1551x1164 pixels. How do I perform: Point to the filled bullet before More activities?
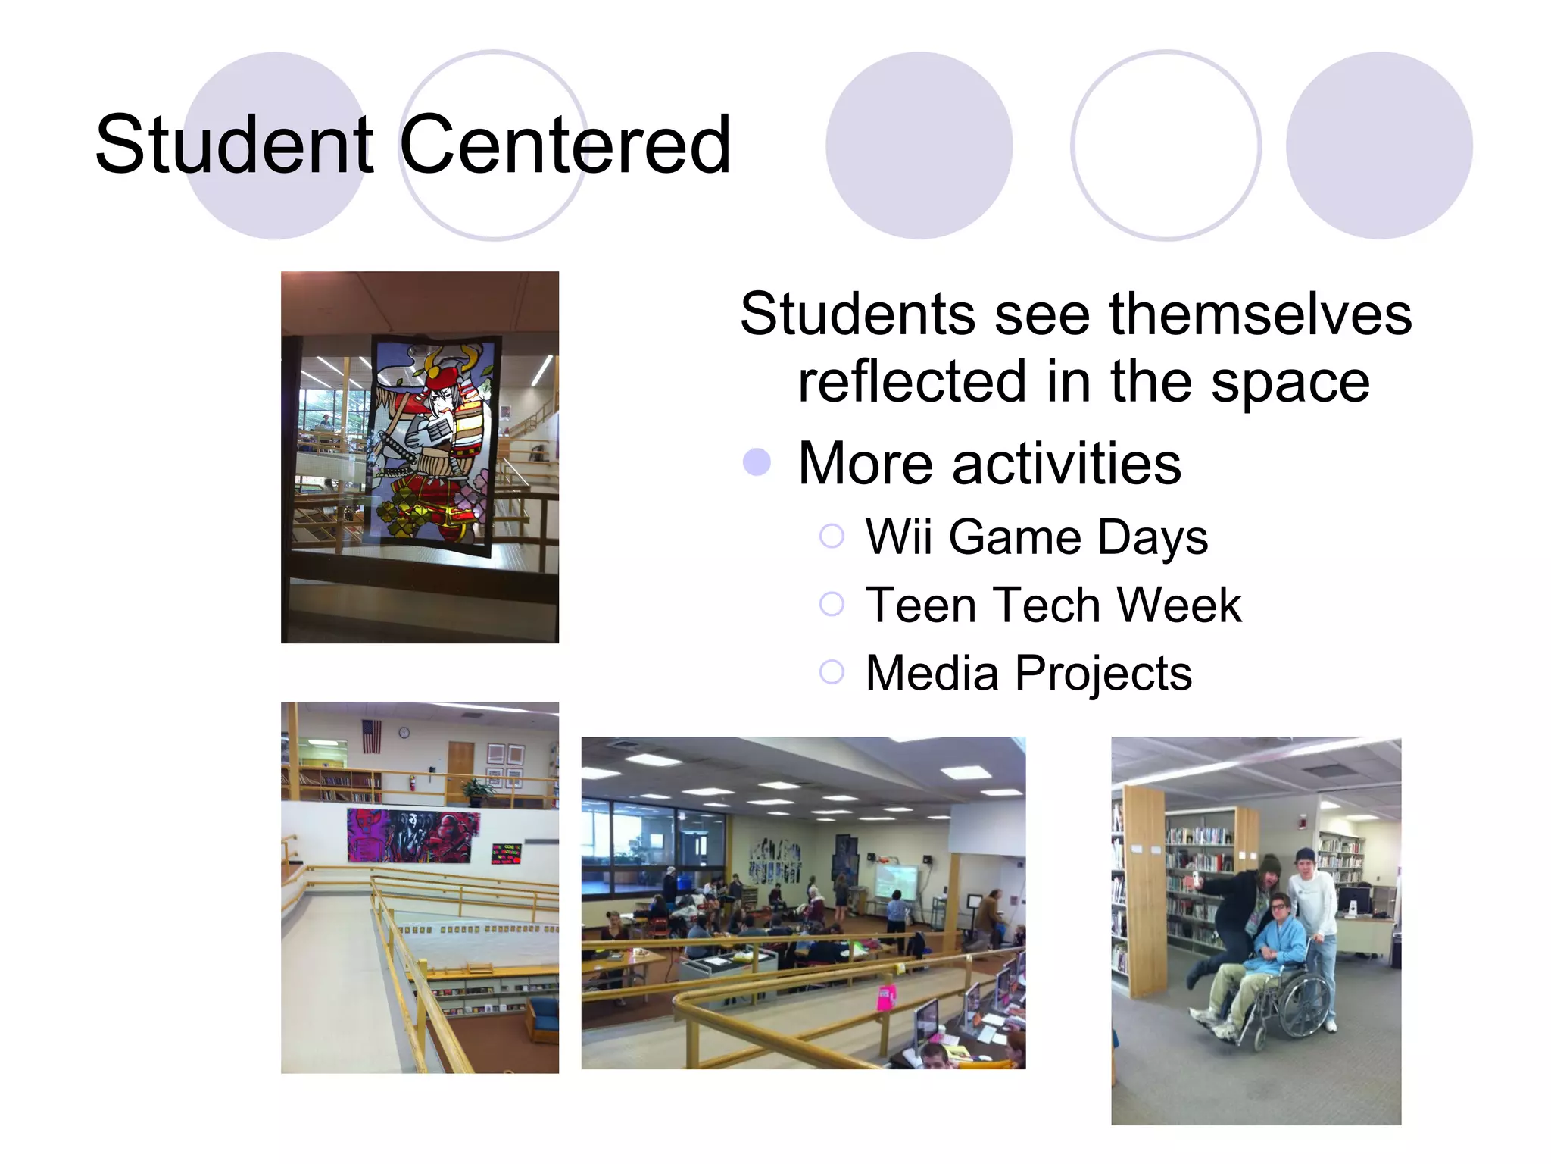click(757, 462)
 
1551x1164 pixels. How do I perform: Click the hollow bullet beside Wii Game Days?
click(832, 537)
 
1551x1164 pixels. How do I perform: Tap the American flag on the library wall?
click(371, 736)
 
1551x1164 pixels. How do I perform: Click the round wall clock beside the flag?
click(404, 732)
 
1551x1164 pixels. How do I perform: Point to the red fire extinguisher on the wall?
click(413, 782)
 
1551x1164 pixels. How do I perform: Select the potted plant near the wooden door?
click(477, 790)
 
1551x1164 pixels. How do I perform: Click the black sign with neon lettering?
click(506, 853)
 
